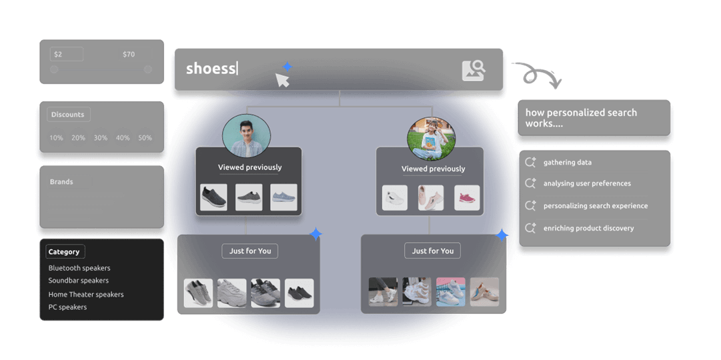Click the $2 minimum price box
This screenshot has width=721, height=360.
(66, 54)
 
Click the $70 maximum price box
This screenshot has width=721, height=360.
(135, 54)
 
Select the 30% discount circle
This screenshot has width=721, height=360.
(101, 138)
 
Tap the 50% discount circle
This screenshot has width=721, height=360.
(145, 138)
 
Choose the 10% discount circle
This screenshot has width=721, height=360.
(56, 138)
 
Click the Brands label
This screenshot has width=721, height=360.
(62, 182)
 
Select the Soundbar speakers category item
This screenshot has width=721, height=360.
(79, 281)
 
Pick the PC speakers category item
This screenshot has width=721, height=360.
(67, 307)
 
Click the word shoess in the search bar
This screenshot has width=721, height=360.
(211, 68)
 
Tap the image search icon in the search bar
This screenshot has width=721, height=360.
(474, 70)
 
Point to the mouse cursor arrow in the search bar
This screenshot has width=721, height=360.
(282, 80)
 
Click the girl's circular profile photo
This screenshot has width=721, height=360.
(431, 138)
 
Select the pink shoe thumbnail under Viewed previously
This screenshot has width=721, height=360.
(467, 198)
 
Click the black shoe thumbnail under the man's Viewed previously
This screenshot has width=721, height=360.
(213, 197)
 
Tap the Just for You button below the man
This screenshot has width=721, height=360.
(250, 251)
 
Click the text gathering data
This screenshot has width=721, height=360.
(568, 163)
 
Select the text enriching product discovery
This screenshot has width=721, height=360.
(588, 228)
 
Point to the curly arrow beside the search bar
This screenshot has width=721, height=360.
(537, 75)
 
